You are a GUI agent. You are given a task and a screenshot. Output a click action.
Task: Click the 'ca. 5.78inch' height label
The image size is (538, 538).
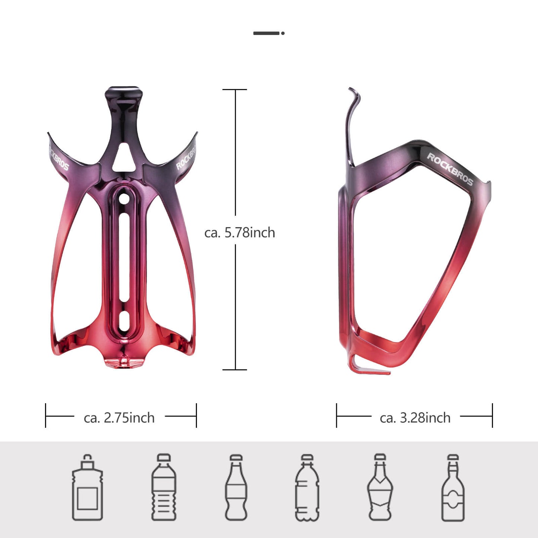click(x=239, y=233)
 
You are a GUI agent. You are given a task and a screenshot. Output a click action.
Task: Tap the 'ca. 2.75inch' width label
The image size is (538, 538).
click(x=119, y=418)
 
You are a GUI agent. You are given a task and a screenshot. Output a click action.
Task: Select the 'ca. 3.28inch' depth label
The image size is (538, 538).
click(x=415, y=418)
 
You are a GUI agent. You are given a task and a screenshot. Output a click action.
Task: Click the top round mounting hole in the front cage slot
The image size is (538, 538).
click(x=124, y=198)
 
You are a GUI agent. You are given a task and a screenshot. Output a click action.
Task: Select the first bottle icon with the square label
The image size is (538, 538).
click(x=87, y=487)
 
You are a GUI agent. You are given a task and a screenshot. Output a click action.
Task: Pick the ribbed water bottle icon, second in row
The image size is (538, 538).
click(x=164, y=487)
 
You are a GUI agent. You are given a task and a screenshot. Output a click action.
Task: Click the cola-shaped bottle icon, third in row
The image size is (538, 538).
click(x=236, y=487)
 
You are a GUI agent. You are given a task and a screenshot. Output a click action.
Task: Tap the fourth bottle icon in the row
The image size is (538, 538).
click(x=307, y=487)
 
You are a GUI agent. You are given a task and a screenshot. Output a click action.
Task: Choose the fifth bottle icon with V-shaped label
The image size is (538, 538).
click(x=380, y=487)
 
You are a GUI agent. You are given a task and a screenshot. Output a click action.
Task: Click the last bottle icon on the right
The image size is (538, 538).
click(x=453, y=487)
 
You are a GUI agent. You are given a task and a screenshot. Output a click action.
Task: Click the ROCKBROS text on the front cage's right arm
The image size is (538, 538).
click(x=186, y=158)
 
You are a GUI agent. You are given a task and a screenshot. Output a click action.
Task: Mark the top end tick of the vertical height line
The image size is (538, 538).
click(x=235, y=90)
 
